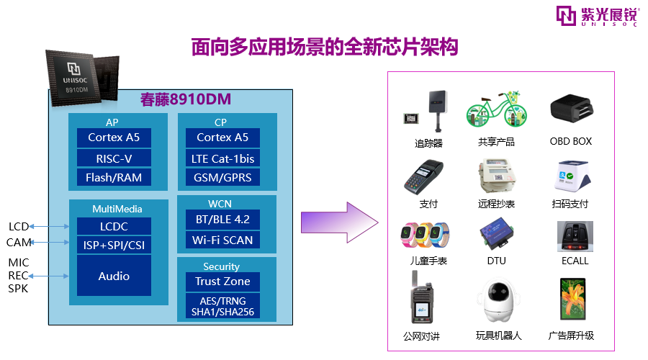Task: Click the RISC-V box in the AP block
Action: pyautogui.click(x=114, y=158)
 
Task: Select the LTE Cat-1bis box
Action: pyautogui.click(x=222, y=158)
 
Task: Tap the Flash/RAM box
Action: pyautogui.click(x=114, y=177)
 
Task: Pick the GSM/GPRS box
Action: pyautogui.click(x=222, y=177)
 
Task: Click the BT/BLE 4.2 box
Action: pyautogui.click(x=222, y=220)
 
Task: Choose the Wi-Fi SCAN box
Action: pyautogui.click(x=222, y=240)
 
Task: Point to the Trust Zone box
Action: pyautogui.click(x=222, y=282)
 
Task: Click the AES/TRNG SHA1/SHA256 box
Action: pyautogui.click(x=222, y=306)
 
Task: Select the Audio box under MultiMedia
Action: pyautogui.click(x=114, y=276)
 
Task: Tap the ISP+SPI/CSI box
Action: pyautogui.click(x=114, y=245)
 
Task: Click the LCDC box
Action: pyautogui.click(x=114, y=227)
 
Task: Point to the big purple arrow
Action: pyautogui.click(x=339, y=222)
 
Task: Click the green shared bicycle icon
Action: pyautogui.click(x=497, y=109)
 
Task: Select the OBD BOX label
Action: pyautogui.click(x=571, y=141)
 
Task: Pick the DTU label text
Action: pyautogui.click(x=496, y=261)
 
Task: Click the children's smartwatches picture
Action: pyautogui.click(x=426, y=235)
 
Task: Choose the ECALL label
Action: pyautogui.click(x=575, y=261)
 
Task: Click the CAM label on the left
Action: pyautogui.click(x=19, y=242)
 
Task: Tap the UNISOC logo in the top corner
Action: pyautogui.click(x=597, y=16)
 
